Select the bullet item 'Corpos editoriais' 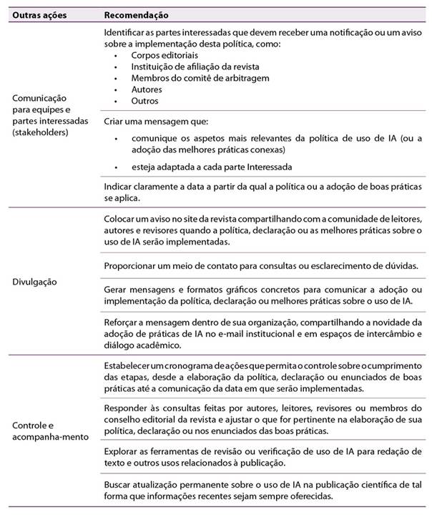click(159, 55)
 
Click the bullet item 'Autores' click(147, 89)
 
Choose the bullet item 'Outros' click(144, 101)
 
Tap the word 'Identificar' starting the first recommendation click(124, 33)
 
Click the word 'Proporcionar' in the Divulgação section click(129, 266)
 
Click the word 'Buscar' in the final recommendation click(117, 486)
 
